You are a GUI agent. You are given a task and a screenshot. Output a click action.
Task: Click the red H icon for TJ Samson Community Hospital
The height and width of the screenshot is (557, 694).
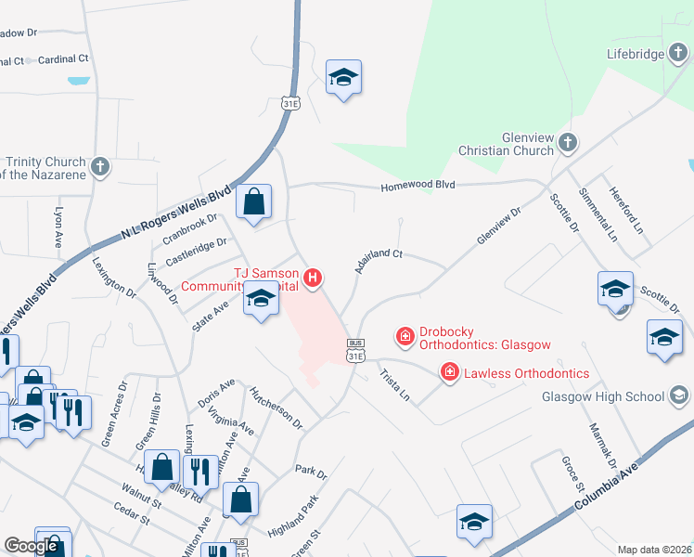[314, 277]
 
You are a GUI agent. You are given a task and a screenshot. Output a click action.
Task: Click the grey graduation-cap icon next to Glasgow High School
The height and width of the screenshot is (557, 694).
[679, 396]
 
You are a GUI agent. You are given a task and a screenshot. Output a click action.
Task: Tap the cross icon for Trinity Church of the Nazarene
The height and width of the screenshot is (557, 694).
[100, 168]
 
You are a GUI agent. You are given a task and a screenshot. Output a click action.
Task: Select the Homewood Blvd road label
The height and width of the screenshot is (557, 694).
[418, 186]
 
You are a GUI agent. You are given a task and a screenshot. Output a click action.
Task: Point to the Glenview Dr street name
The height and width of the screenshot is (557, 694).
[500, 226]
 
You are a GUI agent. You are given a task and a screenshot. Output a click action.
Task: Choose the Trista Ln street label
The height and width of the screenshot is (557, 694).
[393, 386]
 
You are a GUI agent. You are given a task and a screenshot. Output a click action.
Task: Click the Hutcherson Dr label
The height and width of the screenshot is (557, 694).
[276, 408]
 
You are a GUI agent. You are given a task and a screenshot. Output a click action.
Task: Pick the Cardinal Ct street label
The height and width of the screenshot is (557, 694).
[63, 58]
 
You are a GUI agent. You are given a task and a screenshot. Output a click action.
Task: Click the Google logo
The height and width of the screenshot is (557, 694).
[31, 546]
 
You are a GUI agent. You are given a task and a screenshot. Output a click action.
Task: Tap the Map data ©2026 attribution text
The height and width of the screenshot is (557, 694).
[653, 550]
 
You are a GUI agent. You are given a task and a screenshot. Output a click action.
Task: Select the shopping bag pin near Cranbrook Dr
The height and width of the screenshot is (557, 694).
[253, 201]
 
